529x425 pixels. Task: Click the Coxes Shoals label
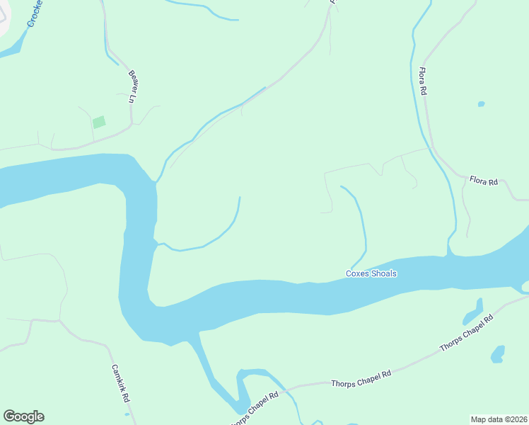[x=371, y=274]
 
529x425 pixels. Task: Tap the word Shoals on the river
[x=384, y=274]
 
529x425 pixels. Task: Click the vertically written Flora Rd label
[x=422, y=81]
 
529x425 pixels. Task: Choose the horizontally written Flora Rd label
[x=484, y=182]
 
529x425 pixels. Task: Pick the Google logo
[x=23, y=416]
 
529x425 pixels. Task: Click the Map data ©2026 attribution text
[x=498, y=419]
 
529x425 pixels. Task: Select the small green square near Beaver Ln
[x=99, y=122]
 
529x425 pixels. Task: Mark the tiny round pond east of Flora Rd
[x=481, y=104]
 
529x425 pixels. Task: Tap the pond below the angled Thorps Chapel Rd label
[x=498, y=353]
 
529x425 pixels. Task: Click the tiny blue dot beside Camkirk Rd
[x=127, y=414]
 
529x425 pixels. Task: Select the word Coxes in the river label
[x=357, y=274]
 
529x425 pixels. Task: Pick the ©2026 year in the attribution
[x=513, y=419]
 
